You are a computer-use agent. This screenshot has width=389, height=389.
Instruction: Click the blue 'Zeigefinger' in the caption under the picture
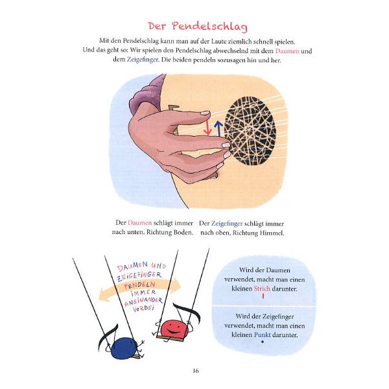(228, 222)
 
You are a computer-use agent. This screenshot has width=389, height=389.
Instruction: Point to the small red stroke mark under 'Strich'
(263, 296)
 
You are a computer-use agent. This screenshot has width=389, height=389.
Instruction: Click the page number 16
(195, 371)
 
